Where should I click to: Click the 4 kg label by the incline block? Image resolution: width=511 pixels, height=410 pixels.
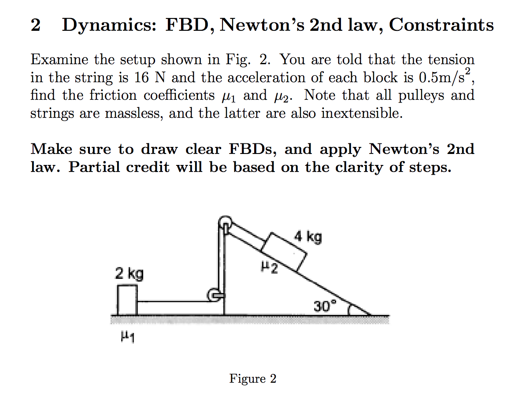click(x=308, y=238)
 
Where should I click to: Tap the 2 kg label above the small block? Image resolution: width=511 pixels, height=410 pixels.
click(x=129, y=274)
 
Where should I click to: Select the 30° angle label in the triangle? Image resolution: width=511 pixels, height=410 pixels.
click(x=325, y=305)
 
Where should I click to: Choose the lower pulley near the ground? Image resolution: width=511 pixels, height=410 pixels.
click(x=214, y=295)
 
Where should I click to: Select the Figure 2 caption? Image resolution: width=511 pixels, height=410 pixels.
click(x=252, y=379)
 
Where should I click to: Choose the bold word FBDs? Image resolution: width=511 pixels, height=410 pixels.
click(x=252, y=150)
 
